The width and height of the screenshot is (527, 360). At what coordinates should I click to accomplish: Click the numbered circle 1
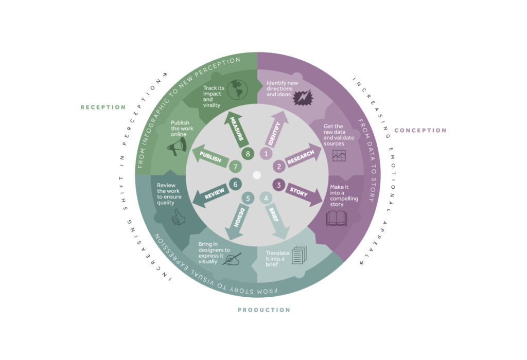(266, 154)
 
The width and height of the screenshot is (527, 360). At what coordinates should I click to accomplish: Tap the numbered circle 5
(248, 199)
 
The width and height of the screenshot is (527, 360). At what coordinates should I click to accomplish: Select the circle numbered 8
(248, 154)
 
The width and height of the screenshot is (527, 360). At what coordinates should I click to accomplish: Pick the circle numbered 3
(278, 185)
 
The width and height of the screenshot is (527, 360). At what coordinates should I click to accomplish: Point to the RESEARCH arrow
(302, 156)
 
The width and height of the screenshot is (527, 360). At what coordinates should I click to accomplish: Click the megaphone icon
(177, 147)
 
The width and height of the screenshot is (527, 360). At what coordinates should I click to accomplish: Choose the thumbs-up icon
(178, 217)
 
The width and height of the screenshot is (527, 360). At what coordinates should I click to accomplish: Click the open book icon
(337, 218)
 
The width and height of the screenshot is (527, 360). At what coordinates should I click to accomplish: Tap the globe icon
(237, 89)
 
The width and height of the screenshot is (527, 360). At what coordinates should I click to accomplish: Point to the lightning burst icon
(303, 97)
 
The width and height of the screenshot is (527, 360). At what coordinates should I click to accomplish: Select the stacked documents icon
(299, 255)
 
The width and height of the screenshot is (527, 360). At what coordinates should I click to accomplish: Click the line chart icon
(339, 155)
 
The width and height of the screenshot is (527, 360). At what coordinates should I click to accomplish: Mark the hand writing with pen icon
(232, 259)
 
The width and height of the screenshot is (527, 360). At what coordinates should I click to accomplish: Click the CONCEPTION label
(420, 130)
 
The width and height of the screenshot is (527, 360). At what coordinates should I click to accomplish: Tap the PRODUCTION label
(264, 310)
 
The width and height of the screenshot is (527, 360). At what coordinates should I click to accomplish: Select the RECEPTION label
(103, 107)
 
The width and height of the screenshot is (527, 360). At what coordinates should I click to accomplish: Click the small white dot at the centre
(257, 175)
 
